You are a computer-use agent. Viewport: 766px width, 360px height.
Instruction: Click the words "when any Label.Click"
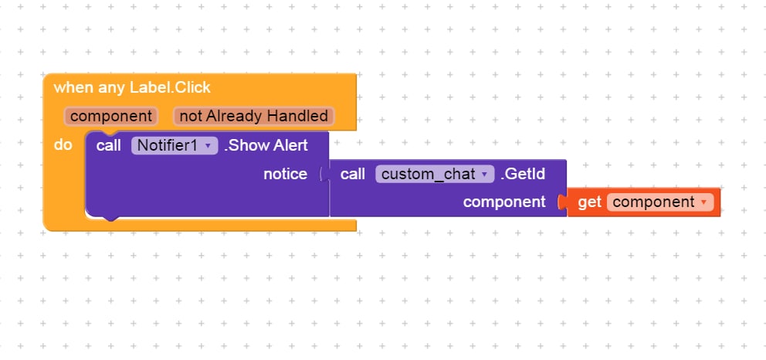point(132,87)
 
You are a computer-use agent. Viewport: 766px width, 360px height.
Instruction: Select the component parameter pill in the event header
point(111,116)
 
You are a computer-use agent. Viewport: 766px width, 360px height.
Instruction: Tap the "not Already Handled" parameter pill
point(253,116)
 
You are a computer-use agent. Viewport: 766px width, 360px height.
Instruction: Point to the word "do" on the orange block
point(63,144)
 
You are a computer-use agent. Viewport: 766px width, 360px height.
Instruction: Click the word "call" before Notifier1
point(108,145)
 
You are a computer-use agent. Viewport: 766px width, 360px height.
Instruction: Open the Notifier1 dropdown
point(175,145)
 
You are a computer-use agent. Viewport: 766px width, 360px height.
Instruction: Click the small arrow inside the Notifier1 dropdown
point(208,146)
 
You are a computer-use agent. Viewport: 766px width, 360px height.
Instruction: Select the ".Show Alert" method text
point(266,145)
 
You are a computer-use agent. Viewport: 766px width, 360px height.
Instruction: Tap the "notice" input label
point(285,174)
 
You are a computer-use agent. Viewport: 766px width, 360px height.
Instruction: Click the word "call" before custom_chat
point(353,174)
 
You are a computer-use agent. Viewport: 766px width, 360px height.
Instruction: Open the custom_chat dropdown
point(435,174)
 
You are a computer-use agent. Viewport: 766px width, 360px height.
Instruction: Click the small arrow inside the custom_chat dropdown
point(485,175)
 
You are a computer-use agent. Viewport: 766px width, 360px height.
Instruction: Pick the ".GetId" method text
point(523,174)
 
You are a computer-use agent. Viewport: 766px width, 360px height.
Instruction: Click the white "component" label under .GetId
point(504,202)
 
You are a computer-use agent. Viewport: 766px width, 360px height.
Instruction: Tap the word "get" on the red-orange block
point(589,202)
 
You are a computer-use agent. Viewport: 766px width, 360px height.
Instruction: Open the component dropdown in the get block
point(660,202)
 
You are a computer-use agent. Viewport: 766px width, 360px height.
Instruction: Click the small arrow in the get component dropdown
point(703,202)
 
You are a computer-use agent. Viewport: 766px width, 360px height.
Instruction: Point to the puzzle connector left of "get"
point(563,202)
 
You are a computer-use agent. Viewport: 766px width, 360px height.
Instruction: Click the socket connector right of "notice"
point(324,175)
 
